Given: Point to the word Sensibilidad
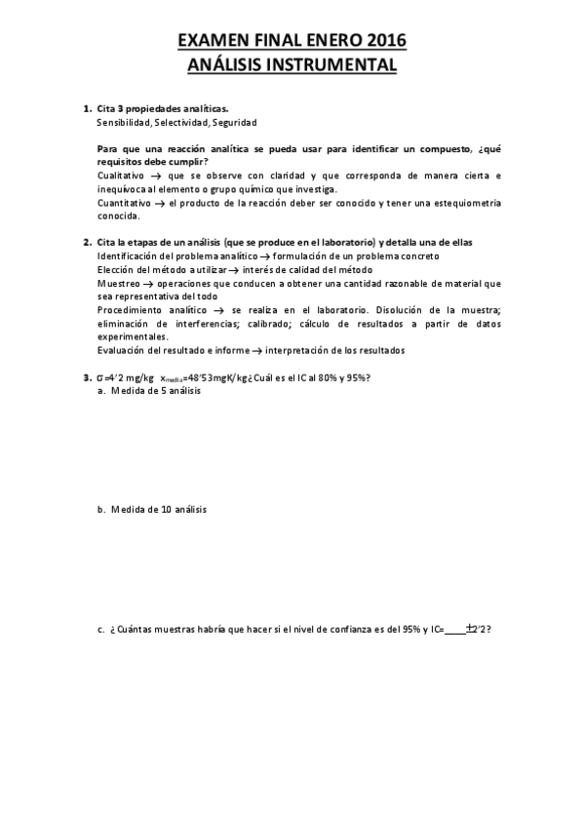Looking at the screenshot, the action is [124, 124].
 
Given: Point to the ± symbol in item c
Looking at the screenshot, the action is [471, 629].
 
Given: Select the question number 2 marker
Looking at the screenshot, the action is [86, 241].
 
